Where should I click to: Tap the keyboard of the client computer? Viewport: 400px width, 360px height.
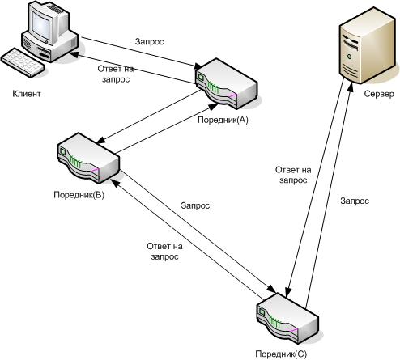tap(23, 63)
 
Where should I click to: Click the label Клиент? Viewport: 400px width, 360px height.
tap(27, 94)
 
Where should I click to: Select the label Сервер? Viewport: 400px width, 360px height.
tap(379, 94)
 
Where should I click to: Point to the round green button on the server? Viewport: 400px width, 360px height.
tap(350, 57)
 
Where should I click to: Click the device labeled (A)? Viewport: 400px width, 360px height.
tap(226, 83)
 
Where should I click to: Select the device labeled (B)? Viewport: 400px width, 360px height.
tap(88, 158)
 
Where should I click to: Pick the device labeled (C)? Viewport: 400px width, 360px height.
tap(287, 318)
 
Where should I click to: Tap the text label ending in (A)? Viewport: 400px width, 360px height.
tap(223, 120)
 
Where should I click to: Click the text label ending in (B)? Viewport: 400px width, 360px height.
tap(79, 195)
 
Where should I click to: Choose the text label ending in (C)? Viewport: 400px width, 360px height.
tap(281, 354)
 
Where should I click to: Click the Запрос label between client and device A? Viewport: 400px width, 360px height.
tap(149, 42)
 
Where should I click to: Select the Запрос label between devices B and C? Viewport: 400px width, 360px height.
tap(195, 205)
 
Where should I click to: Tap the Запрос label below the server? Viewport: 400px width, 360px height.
tap(355, 201)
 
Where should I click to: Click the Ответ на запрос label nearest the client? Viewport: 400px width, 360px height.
tap(116, 74)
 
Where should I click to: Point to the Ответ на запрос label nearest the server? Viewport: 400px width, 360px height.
tap(293, 175)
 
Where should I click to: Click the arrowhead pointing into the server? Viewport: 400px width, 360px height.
tap(350, 87)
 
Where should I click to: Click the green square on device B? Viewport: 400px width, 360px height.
tap(63, 151)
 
